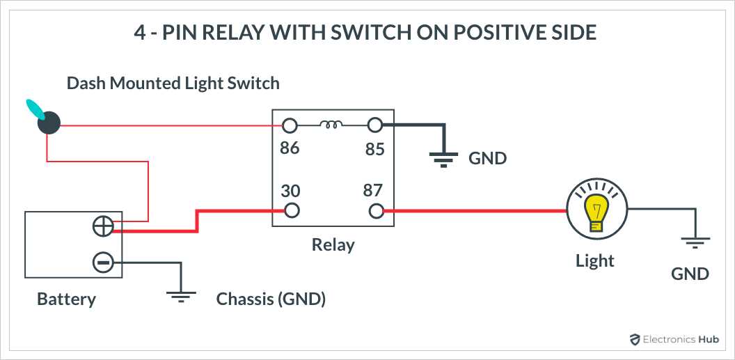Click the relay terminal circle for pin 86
coord(290,126)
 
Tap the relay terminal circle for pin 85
coord(375,126)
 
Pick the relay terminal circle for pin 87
coord(376,210)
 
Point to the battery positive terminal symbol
coord(102,226)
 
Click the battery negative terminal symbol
coord(102,263)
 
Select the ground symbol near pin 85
coord(443,159)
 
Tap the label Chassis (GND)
coord(271,299)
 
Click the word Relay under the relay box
coord(333,245)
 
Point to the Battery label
coord(66,299)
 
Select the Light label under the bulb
coord(595,261)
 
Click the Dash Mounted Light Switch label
coord(173,84)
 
